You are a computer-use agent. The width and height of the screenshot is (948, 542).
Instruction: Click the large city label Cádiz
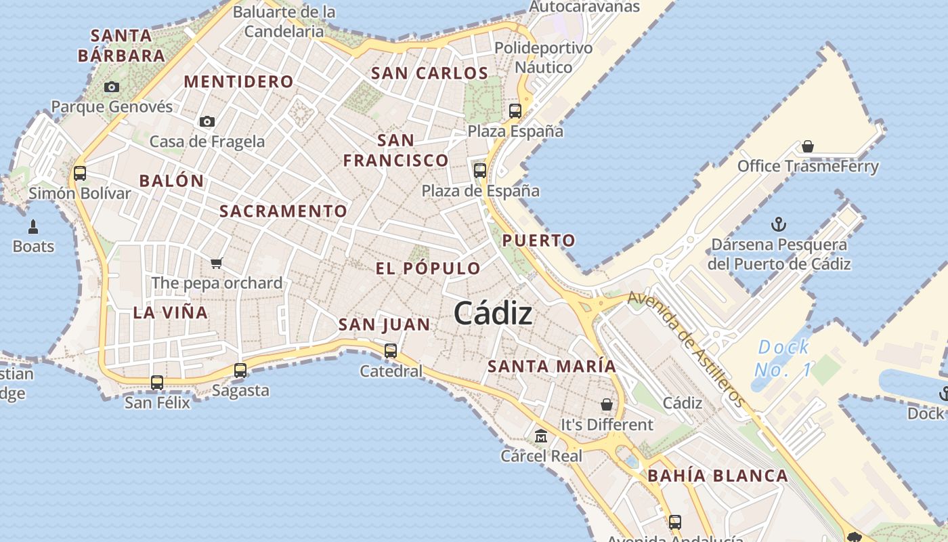(492, 313)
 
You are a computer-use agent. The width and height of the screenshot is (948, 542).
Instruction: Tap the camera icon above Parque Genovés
(112, 87)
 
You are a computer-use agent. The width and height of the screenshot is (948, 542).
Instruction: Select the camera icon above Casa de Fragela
(207, 122)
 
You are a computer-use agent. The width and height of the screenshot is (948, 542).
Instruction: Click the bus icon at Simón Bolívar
(80, 173)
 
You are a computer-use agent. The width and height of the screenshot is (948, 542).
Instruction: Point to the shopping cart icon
(217, 263)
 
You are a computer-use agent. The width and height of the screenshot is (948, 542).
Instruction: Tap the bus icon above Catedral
(391, 351)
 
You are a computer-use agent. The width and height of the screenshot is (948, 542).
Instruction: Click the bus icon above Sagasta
(240, 371)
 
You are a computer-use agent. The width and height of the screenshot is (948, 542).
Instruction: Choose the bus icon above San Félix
(157, 383)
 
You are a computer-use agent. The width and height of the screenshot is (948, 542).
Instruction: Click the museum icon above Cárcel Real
(540, 436)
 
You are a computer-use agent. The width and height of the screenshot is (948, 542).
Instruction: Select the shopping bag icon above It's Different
(607, 404)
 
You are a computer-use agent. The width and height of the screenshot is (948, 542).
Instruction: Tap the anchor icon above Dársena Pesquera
(779, 224)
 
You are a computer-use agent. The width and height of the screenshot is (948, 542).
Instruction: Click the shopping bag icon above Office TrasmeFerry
(807, 146)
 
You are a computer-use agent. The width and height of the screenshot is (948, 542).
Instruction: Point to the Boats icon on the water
(33, 227)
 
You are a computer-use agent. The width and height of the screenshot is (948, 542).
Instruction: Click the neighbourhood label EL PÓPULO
(428, 268)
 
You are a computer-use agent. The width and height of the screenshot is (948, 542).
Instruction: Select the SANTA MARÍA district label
(552, 367)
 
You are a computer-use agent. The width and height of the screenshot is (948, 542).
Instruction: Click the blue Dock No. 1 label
(783, 358)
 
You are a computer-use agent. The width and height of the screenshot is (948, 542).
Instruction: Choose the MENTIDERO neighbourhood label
(239, 82)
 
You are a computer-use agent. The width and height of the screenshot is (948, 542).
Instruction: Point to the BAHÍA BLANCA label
(718, 476)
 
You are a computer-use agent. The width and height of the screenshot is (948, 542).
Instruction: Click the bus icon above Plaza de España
(480, 171)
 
